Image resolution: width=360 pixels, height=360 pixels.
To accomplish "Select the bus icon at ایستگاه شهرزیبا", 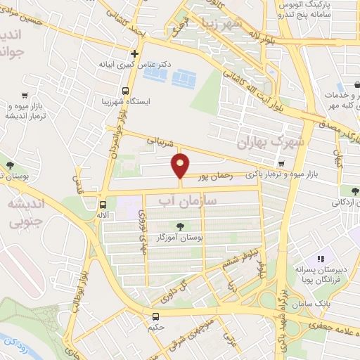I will click(x=125, y=91).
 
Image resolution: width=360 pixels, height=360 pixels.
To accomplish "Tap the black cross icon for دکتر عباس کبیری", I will click(x=134, y=53).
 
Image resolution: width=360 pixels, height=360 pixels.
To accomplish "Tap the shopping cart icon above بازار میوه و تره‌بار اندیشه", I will click(x=25, y=95).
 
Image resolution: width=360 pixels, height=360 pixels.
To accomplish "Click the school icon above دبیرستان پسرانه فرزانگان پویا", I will click(x=320, y=259).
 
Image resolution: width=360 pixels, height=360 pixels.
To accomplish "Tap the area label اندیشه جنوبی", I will click(x=27, y=213).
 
